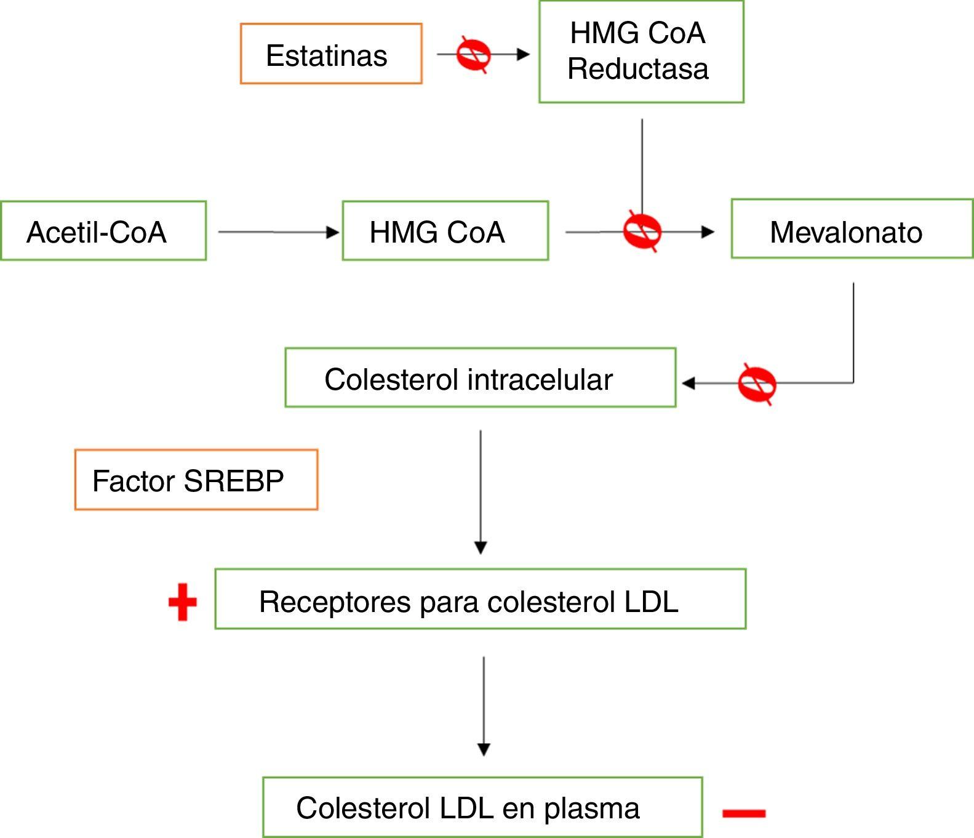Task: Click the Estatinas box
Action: tap(331, 54)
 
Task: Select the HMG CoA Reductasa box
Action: tap(641, 52)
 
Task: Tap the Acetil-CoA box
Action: tap(103, 231)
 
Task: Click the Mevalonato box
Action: tap(852, 229)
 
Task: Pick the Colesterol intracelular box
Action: tap(480, 377)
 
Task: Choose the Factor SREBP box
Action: tap(196, 480)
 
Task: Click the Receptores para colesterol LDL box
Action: tap(480, 599)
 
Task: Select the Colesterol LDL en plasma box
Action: tap(482, 807)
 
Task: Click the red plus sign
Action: tap(183, 602)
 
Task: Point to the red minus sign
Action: tap(744, 813)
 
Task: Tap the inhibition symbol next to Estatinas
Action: tap(473, 55)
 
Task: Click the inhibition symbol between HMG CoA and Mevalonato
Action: tap(642, 232)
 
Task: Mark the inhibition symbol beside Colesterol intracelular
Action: tap(757, 384)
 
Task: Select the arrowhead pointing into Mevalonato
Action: tap(708, 232)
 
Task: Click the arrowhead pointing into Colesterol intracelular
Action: tap(689, 384)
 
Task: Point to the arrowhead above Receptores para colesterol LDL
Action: tap(481, 547)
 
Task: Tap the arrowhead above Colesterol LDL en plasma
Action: tap(484, 749)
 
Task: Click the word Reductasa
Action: tap(637, 69)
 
